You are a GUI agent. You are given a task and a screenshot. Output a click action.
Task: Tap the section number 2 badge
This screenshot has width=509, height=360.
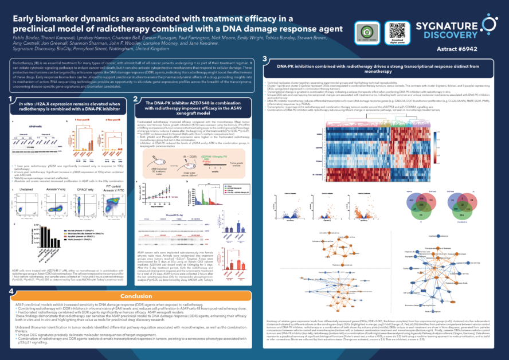pyautogui.click(x=135, y=100)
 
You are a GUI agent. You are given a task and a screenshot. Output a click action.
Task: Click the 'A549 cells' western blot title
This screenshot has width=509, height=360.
pyautogui.click(x=35, y=126)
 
